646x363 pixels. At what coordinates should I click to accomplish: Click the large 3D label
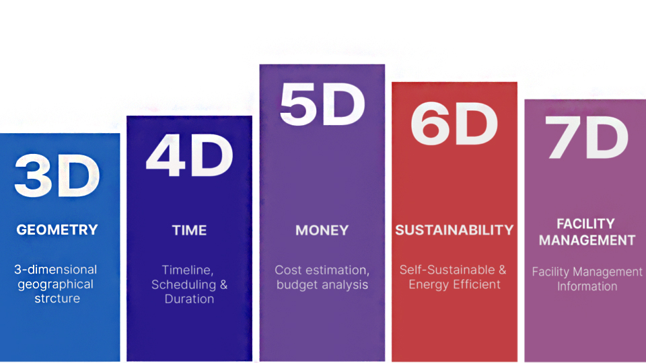click(x=57, y=175)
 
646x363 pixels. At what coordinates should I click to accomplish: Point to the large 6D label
click(x=454, y=124)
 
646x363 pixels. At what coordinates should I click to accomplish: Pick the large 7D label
click(x=587, y=137)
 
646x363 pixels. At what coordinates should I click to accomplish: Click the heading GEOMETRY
click(x=57, y=230)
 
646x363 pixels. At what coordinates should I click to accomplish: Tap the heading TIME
click(x=190, y=230)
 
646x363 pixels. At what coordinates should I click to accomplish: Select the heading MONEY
click(x=322, y=230)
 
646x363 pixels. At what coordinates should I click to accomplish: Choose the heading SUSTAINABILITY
click(x=454, y=230)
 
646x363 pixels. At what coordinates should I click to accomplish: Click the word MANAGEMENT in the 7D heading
click(x=587, y=240)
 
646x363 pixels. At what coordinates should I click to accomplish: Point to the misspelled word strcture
click(x=57, y=298)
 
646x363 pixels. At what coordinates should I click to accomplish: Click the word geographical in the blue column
click(x=56, y=284)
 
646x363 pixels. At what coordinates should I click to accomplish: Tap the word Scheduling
click(x=184, y=285)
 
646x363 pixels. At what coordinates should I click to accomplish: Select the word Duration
click(x=190, y=298)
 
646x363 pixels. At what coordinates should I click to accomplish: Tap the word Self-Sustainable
click(x=447, y=270)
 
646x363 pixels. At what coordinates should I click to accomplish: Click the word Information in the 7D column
click(x=587, y=286)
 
